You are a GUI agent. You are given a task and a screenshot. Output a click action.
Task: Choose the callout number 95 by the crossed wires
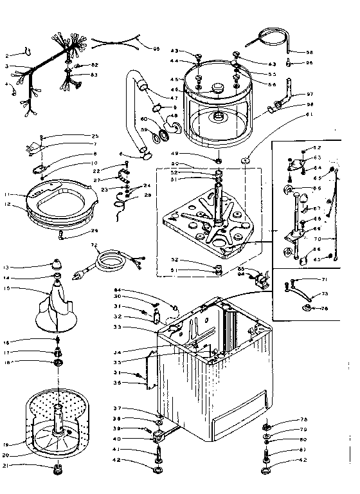click(156, 48)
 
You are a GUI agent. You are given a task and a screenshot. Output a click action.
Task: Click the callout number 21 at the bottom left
click(7, 466)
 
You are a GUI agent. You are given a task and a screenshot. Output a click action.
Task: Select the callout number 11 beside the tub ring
click(7, 194)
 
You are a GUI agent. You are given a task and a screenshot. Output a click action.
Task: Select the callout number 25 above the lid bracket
click(94, 136)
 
